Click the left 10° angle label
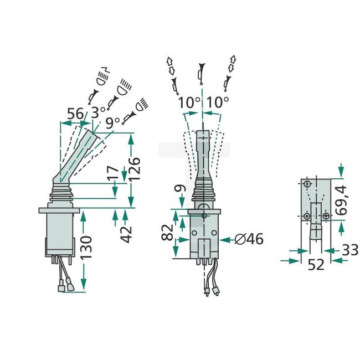click(x=189, y=103)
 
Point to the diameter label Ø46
click(x=249, y=240)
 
